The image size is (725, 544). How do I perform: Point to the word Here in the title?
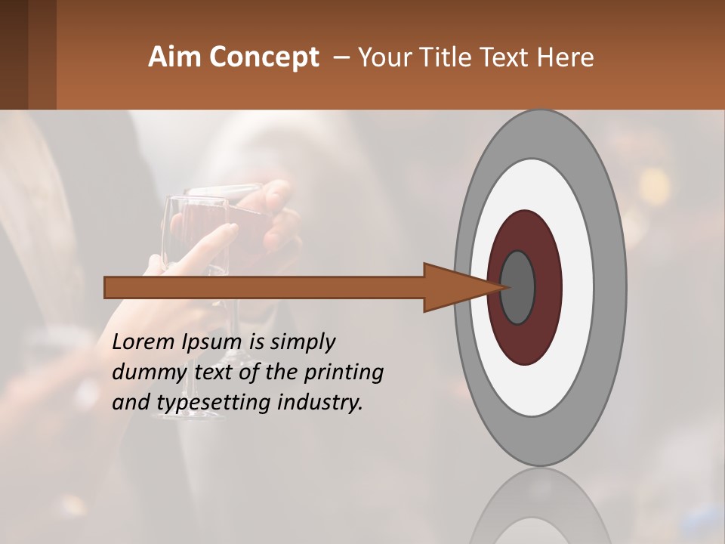tap(566, 57)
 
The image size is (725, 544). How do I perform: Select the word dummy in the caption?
tap(143, 372)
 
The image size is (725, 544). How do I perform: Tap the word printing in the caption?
tap(344, 372)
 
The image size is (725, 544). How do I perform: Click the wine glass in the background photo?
tap(198, 227)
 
